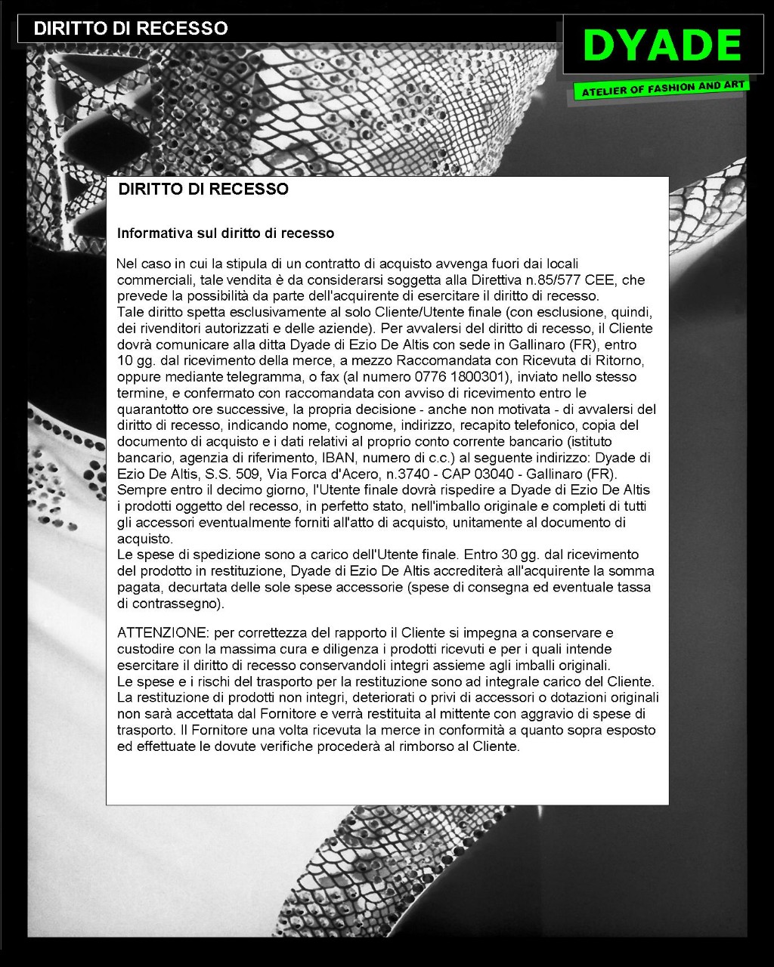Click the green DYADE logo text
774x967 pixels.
click(x=662, y=45)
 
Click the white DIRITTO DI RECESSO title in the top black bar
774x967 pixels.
click(x=131, y=29)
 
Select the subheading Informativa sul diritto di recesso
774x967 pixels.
click(x=225, y=233)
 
